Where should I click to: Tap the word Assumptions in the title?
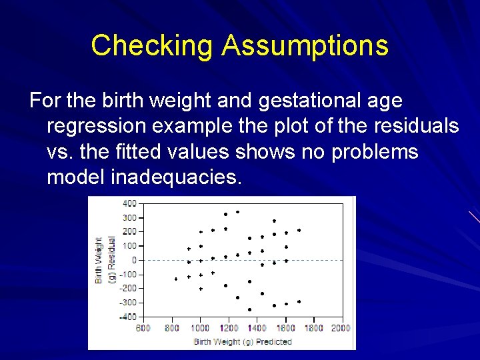[x=305, y=46]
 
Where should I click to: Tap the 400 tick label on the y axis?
[x=129, y=203]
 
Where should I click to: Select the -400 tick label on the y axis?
[x=127, y=317]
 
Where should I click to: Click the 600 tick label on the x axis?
[x=143, y=328]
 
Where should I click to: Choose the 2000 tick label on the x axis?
[x=340, y=328]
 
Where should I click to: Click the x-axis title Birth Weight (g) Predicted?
[x=243, y=341]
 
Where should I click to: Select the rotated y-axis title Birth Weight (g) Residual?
[x=105, y=260]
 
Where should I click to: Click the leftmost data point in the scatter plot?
[x=176, y=279]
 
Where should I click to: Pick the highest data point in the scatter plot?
[x=237, y=212]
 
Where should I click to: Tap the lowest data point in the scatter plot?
[x=249, y=309]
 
